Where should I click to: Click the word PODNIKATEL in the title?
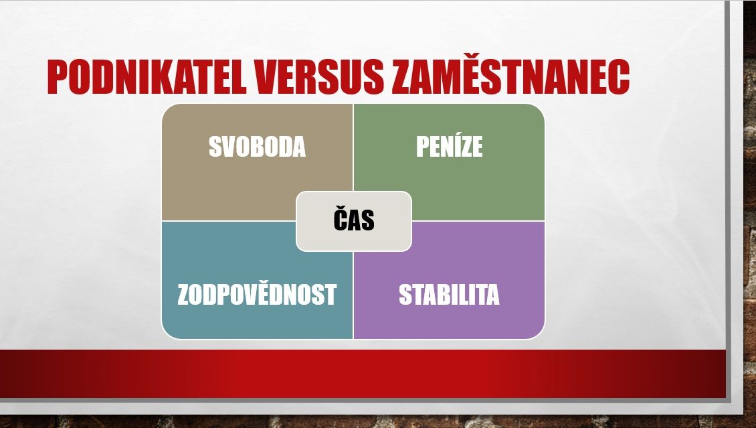click(x=147, y=77)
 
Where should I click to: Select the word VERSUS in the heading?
click(x=319, y=77)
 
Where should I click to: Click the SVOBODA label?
click(x=257, y=147)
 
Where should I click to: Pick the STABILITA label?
click(x=449, y=294)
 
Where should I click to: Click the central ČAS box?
click(x=354, y=222)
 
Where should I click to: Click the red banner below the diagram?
click(x=363, y=374)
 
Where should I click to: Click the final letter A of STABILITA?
click(x=492, y=294)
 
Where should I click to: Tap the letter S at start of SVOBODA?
click(x=215, y=147)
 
